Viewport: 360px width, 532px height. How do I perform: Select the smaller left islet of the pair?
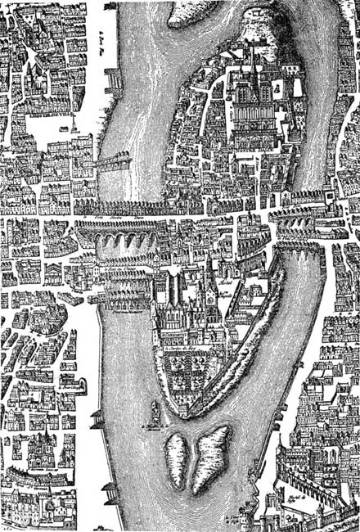(x=175, y=451)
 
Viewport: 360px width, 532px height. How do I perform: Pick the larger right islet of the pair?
(x=209, y=458)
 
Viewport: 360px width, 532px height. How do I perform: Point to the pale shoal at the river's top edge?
(x=196, y=10)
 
